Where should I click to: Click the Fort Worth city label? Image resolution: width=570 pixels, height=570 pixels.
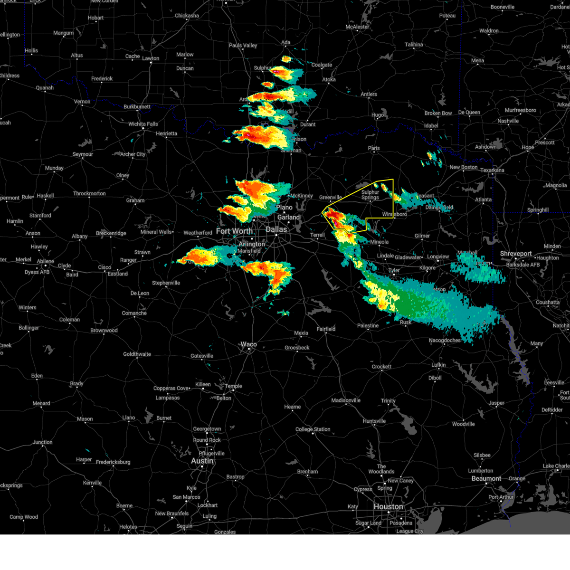click(234, 231)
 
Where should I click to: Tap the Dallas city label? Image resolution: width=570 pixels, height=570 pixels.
click(276, 229)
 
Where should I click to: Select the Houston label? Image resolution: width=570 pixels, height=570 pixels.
click(388, 507)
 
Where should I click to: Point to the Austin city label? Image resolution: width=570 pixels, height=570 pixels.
click(202, 461)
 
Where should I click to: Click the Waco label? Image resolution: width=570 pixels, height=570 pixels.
click(248, 344)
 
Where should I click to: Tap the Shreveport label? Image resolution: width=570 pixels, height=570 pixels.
click(515, 254)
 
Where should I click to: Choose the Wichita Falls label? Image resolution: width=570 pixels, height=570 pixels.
click(143, 124)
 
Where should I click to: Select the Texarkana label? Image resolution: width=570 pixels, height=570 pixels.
click(492, 170)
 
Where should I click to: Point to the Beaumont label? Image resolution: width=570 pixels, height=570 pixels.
click(486, 478)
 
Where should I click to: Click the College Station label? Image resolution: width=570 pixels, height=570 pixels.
click(313, 429)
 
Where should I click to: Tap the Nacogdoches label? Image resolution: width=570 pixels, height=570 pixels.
click(445, 340)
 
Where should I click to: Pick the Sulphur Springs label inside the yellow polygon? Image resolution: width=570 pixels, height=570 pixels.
click(370, 195)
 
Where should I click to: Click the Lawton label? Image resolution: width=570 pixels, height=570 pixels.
click(151, 58)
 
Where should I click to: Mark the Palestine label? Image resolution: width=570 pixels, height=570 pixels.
click(368, 325)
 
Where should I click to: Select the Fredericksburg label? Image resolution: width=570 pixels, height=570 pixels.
click(113, 462)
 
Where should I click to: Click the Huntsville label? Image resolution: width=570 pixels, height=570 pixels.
click(374, 421)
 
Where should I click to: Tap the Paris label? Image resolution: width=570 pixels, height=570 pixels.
click(374, 148)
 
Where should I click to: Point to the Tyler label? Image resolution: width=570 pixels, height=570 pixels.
click(394, 270)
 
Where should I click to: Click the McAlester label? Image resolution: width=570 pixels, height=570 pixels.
click(357, 27)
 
